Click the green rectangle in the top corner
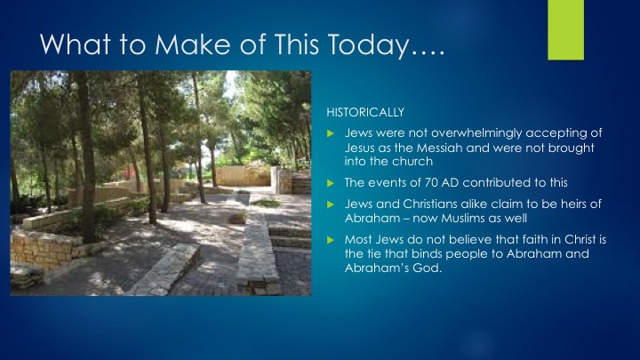(565, 30)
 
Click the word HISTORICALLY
(365, 112)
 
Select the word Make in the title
(193, 44)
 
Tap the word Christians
(430, 204)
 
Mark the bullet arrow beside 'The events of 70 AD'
(331, 183)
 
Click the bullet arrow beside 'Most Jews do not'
(331, 240)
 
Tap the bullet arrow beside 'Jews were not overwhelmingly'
(331, 133)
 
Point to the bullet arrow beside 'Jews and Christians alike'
(331, 204)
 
